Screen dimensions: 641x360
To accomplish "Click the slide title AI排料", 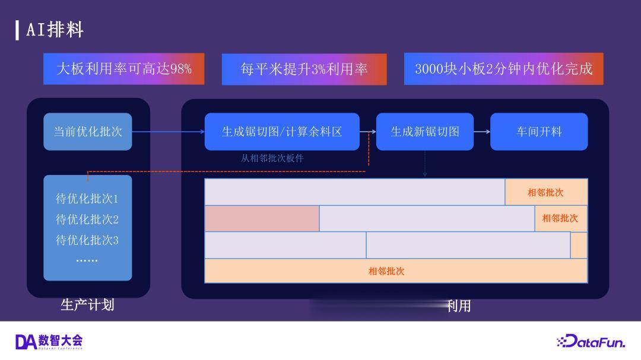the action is tap(55, 30).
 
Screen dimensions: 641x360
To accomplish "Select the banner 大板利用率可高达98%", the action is tap(124, 69).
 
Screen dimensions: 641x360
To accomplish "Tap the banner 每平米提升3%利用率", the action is tap(304, 69).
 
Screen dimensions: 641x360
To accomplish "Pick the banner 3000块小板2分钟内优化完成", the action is tap(504, 69).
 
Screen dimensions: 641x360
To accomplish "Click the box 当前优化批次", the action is tap(88, 132).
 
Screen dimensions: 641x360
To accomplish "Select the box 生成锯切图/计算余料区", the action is tap(282, 132).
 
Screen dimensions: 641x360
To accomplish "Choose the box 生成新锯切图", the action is tap(425, 132).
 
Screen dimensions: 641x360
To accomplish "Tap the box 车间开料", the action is tap(539, 132).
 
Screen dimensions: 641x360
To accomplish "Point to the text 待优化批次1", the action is tap(87, 199).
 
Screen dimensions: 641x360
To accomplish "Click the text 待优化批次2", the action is tap(87, 219).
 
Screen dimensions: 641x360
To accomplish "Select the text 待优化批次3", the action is tap(87, 240).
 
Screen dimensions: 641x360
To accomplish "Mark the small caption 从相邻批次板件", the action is tap(272, 158).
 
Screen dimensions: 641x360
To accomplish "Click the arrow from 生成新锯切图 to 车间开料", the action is tap(482, 132).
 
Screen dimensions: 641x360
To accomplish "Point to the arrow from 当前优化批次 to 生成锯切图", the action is tap(169, 132).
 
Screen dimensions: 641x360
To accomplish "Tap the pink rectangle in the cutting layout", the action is tap(262, 219).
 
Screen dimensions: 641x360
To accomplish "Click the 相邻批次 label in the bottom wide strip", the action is tap(386, 271).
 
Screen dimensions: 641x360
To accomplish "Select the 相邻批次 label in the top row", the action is tap(545, 193).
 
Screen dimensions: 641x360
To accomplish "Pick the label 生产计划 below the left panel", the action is tap(87, 305).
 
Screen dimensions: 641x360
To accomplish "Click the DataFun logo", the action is tap(591, 341).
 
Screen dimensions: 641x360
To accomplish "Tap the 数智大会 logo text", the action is tap(61, 340).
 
